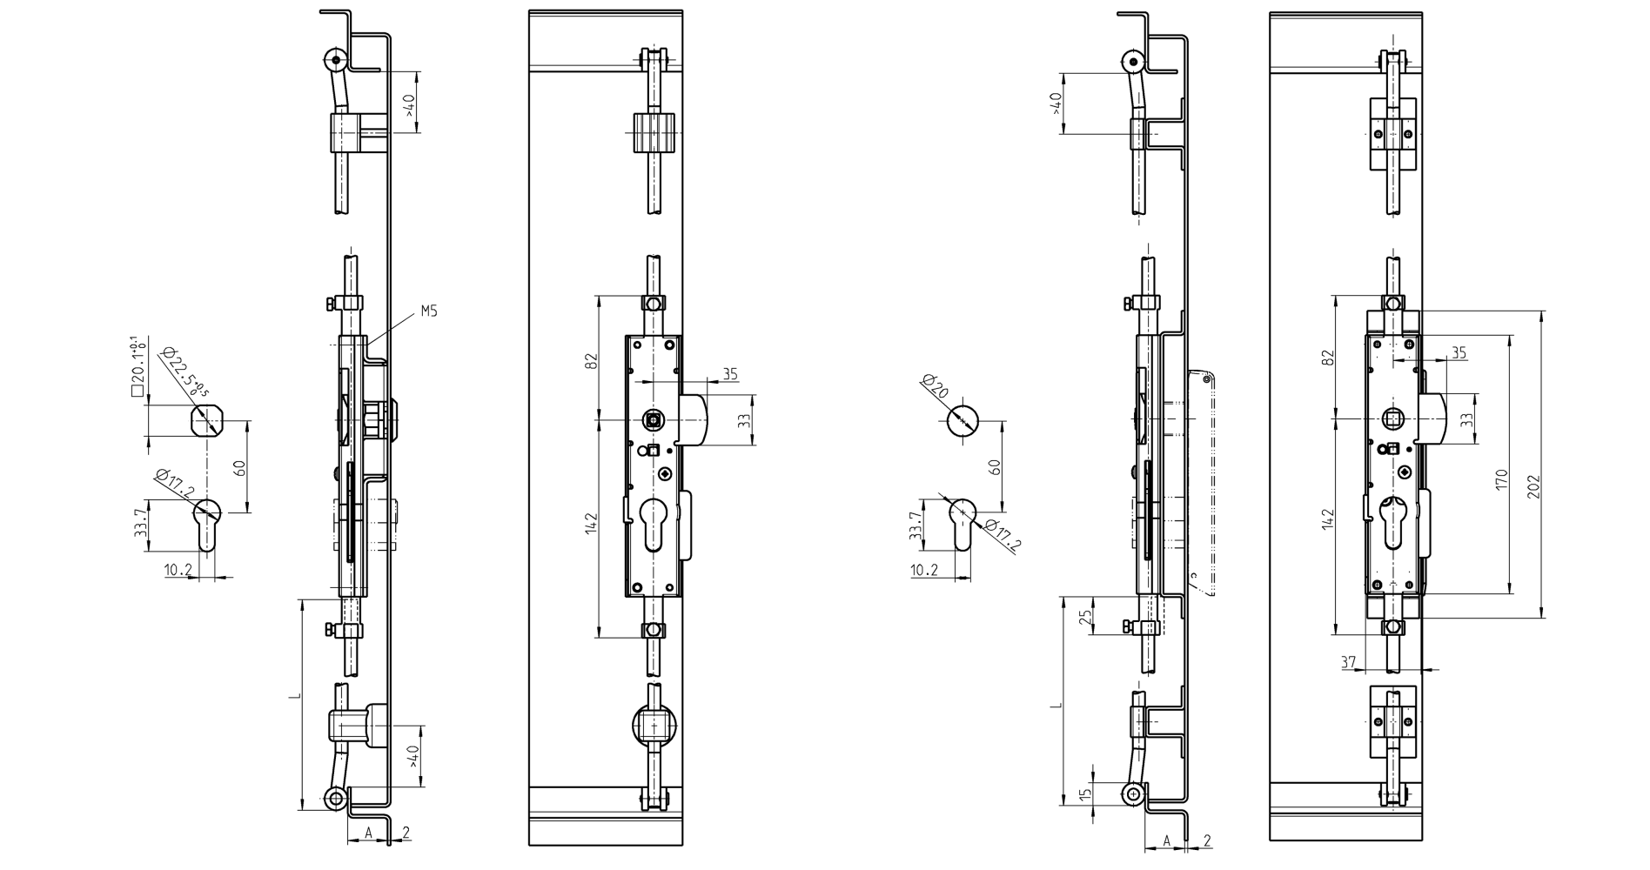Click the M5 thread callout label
click(x=428, y=311)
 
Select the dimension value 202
click(x=1533, y=485)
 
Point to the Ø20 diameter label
click(x=934, y=387)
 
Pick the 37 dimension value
click(x=1348, y=662)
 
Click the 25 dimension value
click(x=1084, y=618)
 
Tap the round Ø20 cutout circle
click(x=962, y=421)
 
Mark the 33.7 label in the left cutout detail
click(x=140, y=525)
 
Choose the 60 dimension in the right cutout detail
click(x=996, y=465)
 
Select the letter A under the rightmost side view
click(x=1167, y=841)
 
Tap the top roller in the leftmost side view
click(x=333, y=60)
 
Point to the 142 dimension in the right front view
click(x=1327, y=520)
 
